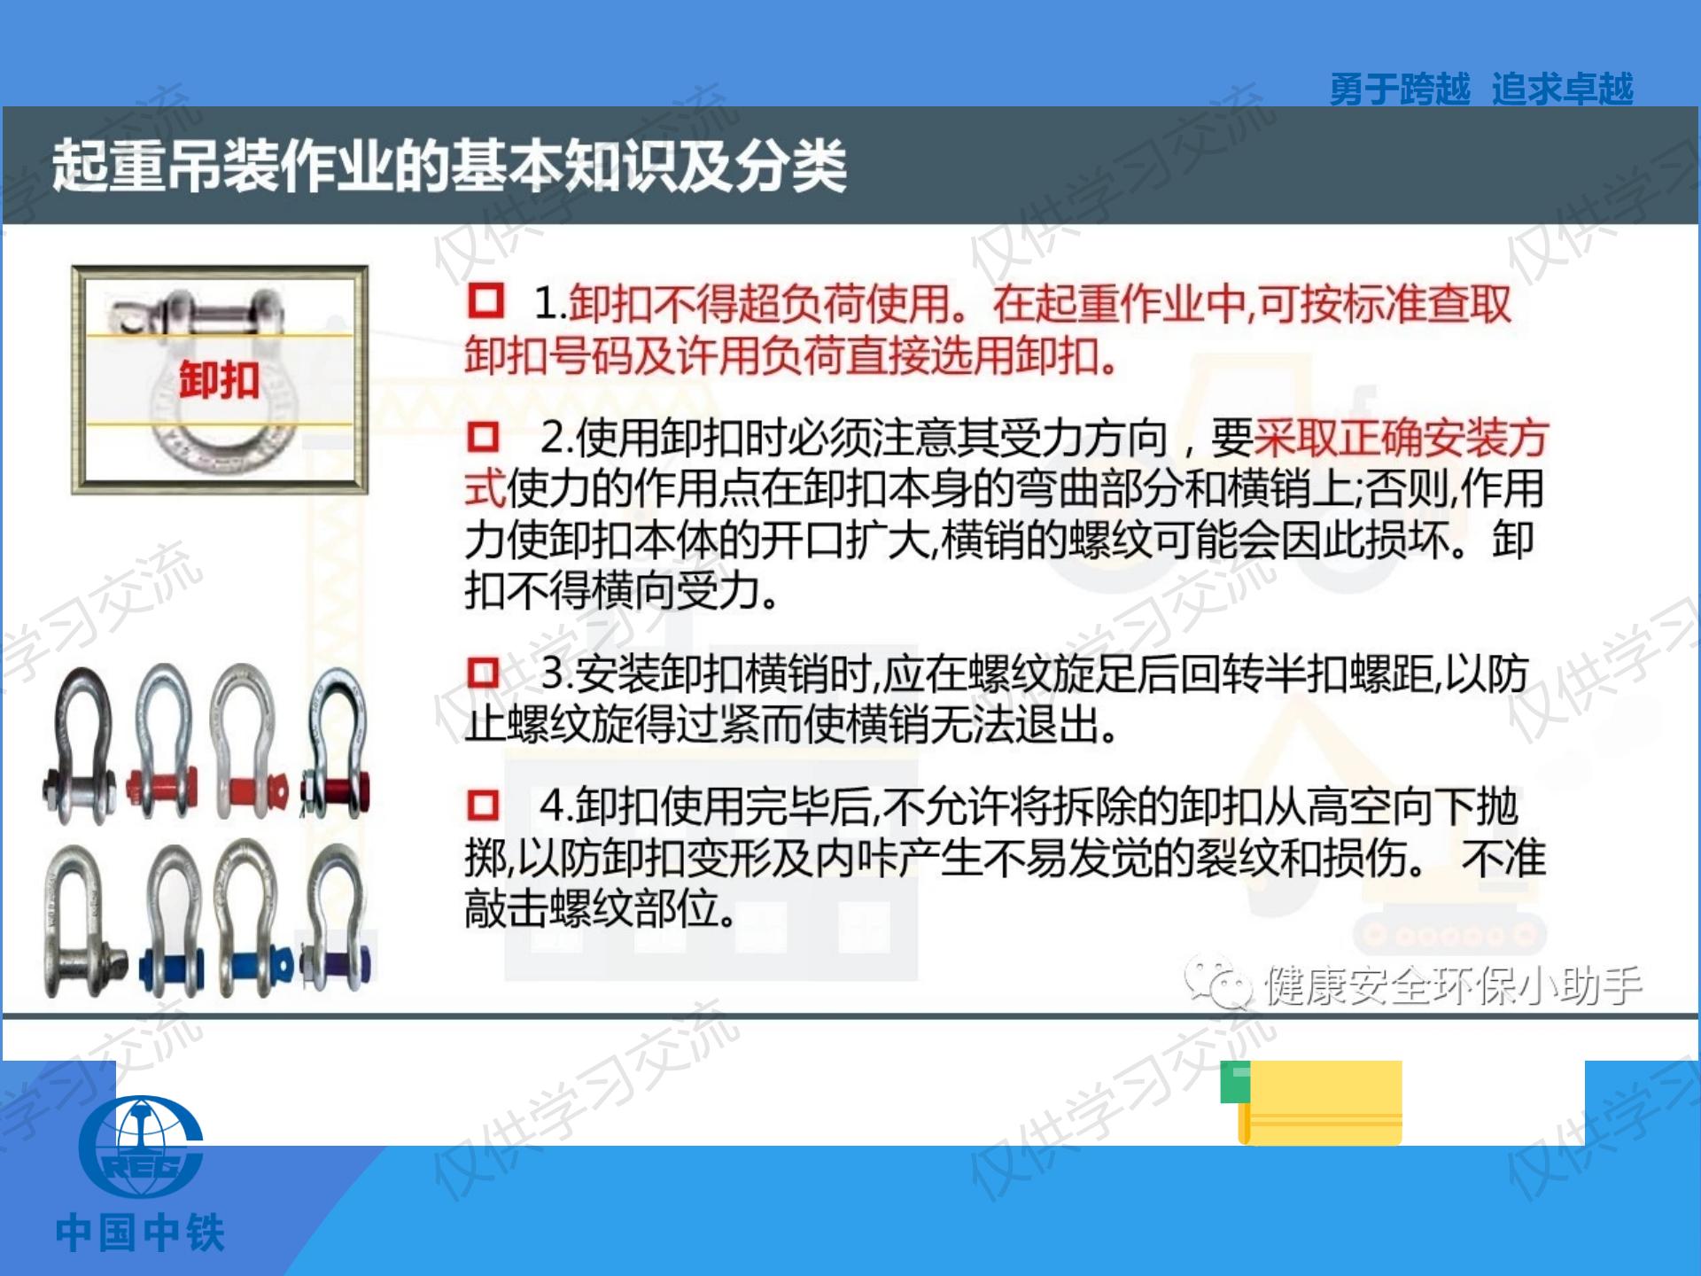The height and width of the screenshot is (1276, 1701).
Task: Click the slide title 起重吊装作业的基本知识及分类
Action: pos(448,166)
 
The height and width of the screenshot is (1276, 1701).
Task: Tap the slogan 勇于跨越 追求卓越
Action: pos(1480,89)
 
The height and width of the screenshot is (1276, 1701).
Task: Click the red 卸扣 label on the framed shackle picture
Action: pos(219,381)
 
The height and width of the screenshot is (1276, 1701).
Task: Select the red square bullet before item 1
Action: pos(485,300)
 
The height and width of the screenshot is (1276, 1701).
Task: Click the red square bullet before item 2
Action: pos(483,436)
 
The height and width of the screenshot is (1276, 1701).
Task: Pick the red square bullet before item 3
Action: pos(483,673)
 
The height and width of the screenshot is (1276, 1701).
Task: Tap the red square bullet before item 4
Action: pos(483,805)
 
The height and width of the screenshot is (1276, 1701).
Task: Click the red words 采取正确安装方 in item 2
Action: pos(1401,437)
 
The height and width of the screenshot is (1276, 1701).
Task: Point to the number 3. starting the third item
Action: pos(556,673)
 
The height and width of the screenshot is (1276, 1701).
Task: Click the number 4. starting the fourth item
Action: pos(556,805)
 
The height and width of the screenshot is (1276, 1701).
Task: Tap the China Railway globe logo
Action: pos(141,1148)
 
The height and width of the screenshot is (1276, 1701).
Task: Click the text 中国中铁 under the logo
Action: pos(140,1233)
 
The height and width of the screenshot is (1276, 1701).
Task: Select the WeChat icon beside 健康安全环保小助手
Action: pos(1219,983)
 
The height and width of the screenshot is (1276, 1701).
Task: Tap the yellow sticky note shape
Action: pos(1320,1104)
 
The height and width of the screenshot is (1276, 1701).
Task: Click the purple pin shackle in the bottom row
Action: pos(337,922)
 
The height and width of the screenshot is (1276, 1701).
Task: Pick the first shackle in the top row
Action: pos(80,744)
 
